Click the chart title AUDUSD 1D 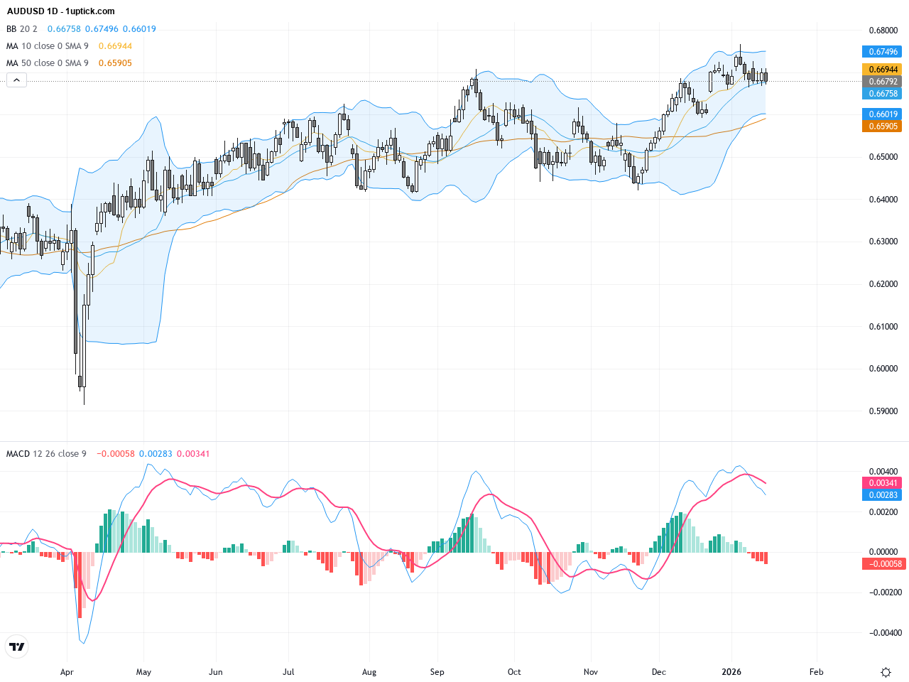pos(61,11)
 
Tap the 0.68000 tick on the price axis pos(883,31)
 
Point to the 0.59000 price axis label pos(883,411)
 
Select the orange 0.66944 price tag pos(883,70)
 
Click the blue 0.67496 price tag pos(883,52)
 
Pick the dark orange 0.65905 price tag pos(883,126)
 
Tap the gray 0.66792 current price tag pos(883,82)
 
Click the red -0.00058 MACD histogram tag pos(883,564)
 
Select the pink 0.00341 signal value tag pos(883,483)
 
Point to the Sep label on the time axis pos(437,672)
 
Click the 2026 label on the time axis pos(731,672)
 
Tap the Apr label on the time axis pos(67,672)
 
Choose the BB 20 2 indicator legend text pos(22,29)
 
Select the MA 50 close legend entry pos(48,63)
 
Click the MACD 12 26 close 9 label pos(46,454)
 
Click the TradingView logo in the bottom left pos(16,646)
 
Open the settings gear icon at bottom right pos(886,672)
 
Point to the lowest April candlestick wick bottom pos(84,404)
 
